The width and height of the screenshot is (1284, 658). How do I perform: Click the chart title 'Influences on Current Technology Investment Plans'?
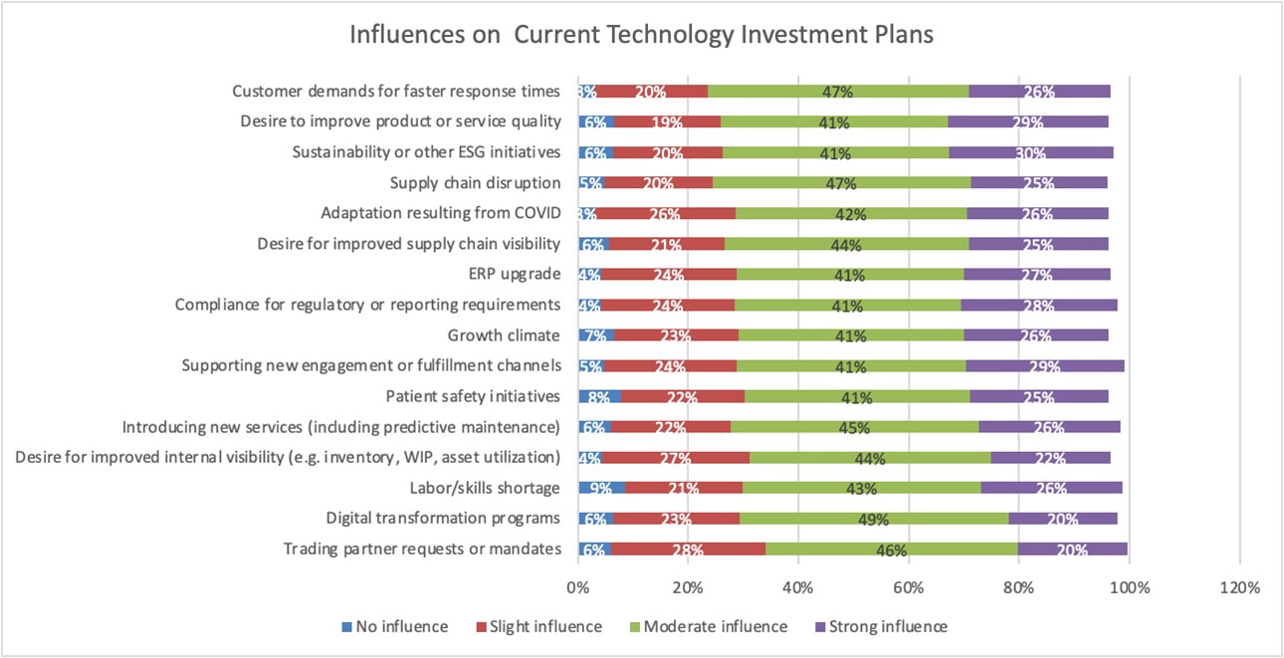click(x=641, y=34)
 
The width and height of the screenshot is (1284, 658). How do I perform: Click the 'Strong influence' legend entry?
click(x=881, y=627)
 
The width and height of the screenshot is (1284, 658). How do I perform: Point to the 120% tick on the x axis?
click(x=1239, y=587)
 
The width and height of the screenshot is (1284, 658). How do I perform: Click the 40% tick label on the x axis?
click(x=798, y=587)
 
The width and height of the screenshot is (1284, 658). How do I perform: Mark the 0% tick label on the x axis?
click(x=577, y=587)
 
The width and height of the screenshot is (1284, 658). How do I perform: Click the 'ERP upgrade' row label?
click(x=515, y=274)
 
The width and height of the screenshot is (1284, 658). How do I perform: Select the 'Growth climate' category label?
click(x=504, y=334)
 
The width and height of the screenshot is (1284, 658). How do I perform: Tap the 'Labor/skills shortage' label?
click(x=485, y=488)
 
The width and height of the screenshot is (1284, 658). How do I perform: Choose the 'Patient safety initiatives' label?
click(x=473, y=396)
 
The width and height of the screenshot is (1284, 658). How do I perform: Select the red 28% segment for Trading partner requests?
click(x=688, y=549)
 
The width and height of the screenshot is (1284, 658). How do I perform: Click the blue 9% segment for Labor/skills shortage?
click(x=601, y=488)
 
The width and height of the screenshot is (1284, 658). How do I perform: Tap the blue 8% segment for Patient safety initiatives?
click(x=599, y=396)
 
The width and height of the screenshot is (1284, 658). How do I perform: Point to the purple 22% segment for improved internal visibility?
click(x=1050, y=458)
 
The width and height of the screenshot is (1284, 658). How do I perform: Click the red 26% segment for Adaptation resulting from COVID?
click(x=665, y=213)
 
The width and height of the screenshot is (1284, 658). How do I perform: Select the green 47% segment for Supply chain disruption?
click(x=841, y=183)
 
